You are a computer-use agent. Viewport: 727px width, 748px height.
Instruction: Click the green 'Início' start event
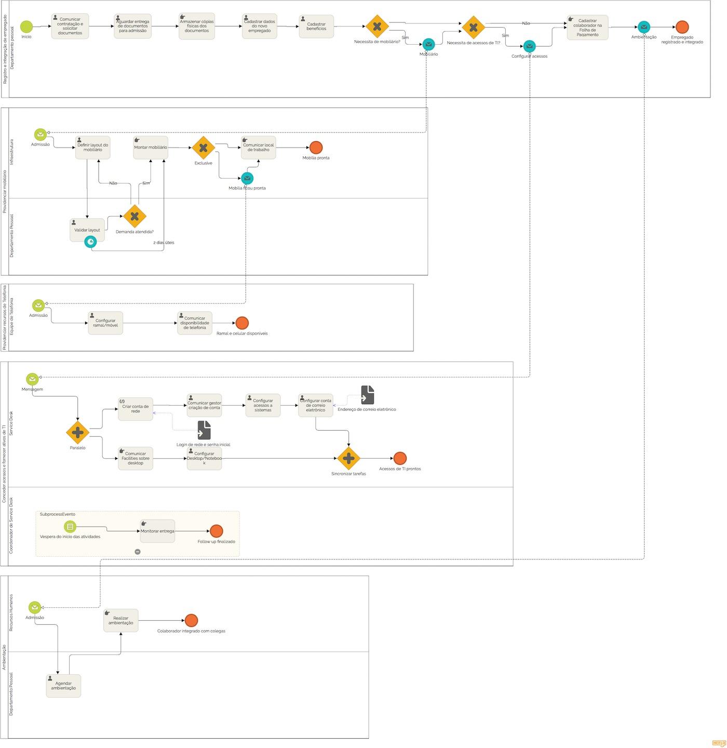(26, 26)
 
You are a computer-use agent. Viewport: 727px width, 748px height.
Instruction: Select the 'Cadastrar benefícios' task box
(316, 26)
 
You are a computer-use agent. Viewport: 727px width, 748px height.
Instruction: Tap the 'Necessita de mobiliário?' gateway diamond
(377, 26)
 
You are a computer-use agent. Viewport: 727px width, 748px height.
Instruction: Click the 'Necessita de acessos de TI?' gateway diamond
(473, 28)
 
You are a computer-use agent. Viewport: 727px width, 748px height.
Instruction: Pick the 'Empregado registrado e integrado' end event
(682, 27)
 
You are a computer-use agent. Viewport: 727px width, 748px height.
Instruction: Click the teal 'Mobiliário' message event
(428, 45)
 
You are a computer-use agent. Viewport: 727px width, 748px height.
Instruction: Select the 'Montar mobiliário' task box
(151, 148)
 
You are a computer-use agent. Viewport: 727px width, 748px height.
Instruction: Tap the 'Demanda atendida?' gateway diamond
(134, 216)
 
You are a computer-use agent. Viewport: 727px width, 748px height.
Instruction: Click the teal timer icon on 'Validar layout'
(90, 242)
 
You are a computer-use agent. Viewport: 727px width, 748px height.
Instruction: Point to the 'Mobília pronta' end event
(316, 148)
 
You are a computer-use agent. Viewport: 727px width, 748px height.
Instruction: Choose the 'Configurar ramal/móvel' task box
(105, 323)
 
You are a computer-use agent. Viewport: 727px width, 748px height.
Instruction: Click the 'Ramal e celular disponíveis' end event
(242, 323)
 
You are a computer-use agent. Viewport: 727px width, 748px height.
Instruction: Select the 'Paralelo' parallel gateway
(78, 432)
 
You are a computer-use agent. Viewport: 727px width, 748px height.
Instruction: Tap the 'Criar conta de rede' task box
(136, 409)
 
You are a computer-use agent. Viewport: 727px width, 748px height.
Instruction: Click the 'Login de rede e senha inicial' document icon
(204, 430)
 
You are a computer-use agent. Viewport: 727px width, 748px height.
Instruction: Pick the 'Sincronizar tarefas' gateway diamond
(348, 458)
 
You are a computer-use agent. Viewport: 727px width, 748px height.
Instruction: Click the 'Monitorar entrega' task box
(157, 531)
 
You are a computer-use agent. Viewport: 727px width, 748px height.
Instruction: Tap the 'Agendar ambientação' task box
(63, 686)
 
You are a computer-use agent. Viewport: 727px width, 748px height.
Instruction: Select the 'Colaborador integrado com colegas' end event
(191, 620)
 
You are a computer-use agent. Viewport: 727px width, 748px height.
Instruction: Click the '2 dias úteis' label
(164, 243)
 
